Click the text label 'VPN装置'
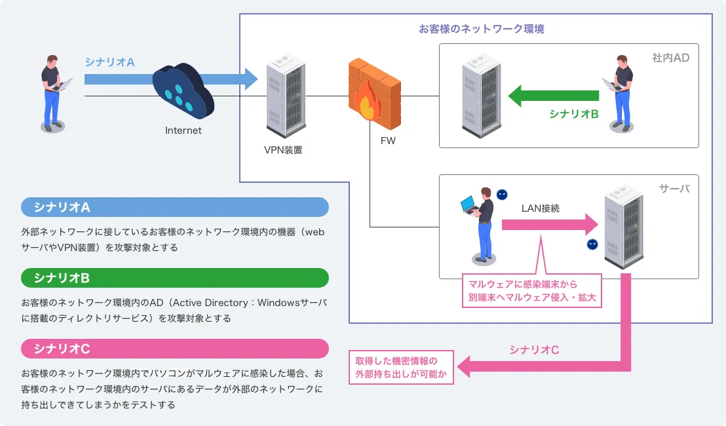pos(283,150)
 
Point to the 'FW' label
pos(388,141)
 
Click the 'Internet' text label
pos(183,130)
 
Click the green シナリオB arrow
pos(554,95)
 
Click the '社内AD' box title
pos(671,58)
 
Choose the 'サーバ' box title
pos(674,189)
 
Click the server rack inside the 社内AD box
pos(480,95)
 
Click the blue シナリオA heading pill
pos(175,208)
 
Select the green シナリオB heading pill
pos(175,278)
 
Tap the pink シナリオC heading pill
pos(175,349)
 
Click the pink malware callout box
pos(531,290)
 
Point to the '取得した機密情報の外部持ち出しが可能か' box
pos(401,367)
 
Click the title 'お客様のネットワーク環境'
pos(482,29)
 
